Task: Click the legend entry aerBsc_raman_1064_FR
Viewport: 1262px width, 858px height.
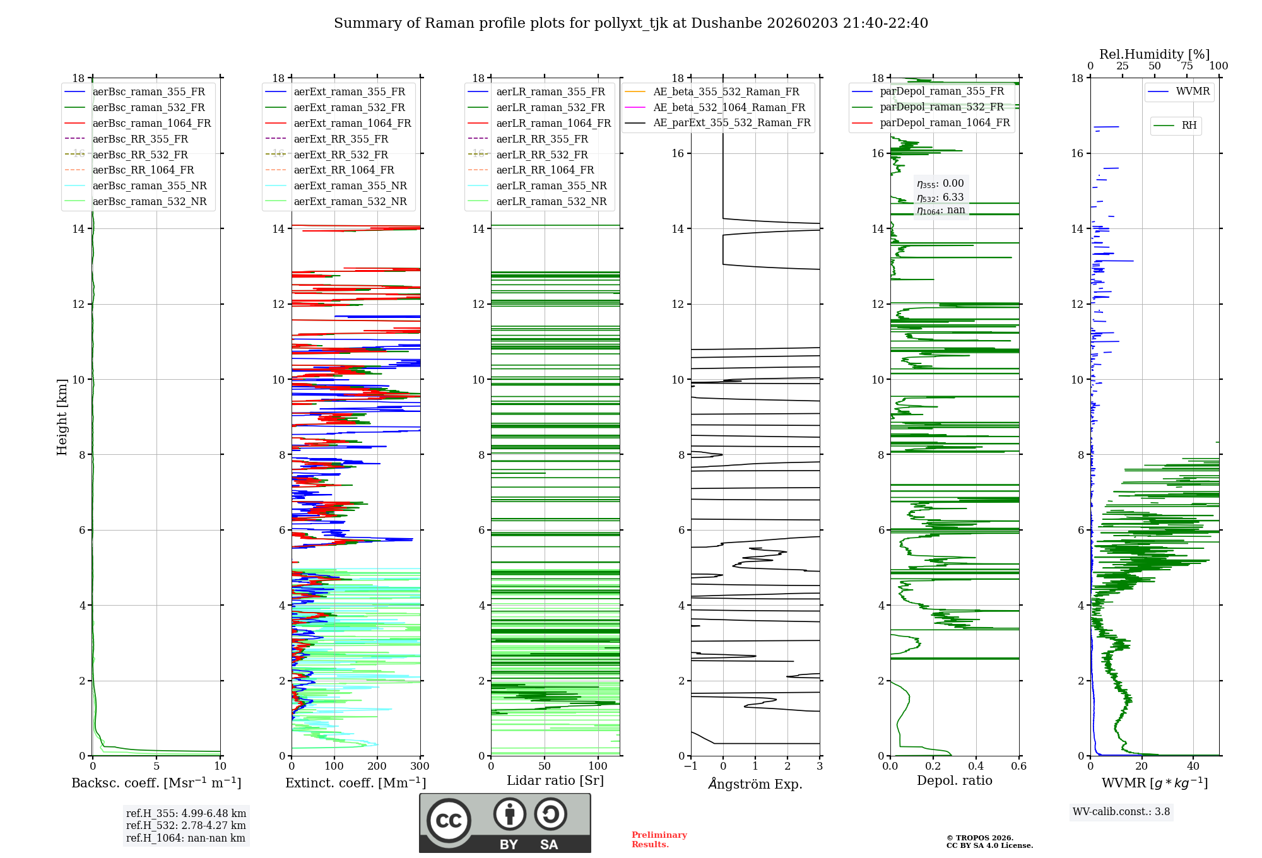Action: coord(138,123)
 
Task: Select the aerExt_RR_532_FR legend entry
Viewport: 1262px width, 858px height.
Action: coord(327,155)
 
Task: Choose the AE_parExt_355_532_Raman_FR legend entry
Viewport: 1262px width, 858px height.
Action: coord(718,122)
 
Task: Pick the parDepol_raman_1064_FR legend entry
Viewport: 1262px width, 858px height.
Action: coord(931,122)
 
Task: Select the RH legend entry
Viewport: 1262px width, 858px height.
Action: coord(1176,126)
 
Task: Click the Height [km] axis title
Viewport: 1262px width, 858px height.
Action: coord(62,417)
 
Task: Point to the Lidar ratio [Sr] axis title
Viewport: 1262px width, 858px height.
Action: coord(555,780)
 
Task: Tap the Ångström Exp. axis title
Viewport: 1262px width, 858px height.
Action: coord(755,784)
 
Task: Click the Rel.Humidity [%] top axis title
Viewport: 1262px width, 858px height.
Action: coord(1155,54)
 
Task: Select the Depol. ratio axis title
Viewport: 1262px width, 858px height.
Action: coord(955,780)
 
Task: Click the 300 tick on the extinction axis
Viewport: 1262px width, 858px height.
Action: coord(420,766)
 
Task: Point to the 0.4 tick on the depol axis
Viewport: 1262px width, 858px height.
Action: coord(976,766)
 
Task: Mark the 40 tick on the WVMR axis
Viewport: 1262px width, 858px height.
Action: coord(1193,766)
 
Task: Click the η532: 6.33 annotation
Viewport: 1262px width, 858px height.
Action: coord(940,197)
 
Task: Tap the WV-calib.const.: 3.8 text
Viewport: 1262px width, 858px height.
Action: coord(1121,811)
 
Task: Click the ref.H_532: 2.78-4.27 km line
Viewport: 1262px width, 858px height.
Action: coord(186,825)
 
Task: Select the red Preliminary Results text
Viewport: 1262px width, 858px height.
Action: coord(659,840)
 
